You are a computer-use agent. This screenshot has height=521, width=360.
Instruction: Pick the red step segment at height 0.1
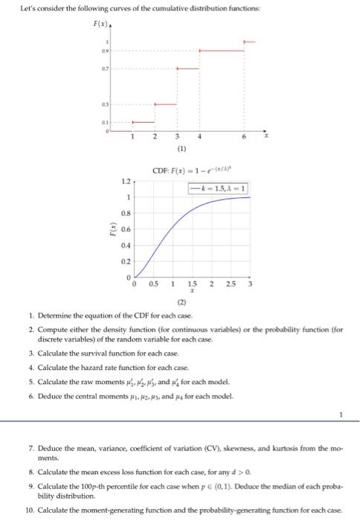(144, 122)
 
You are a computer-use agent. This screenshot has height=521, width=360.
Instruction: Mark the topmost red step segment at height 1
(251, 41)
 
